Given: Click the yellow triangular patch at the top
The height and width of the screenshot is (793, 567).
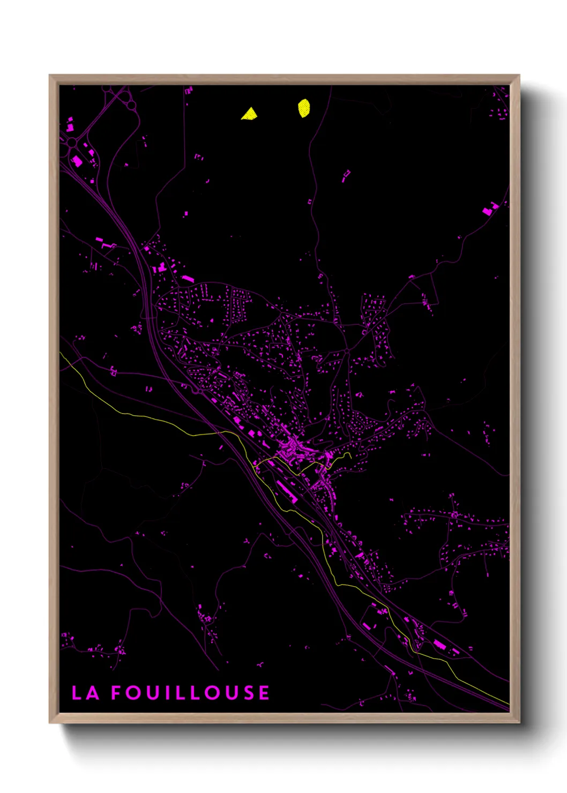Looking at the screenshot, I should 249,114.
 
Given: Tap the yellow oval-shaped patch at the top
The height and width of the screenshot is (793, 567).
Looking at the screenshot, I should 304,108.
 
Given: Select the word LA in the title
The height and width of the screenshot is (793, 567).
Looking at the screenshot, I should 86,693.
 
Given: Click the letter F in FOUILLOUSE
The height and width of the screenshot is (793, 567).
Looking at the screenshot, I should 117,693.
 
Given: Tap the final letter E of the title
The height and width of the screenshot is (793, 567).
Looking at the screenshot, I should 264,693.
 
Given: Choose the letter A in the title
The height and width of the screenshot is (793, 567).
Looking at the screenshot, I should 93,693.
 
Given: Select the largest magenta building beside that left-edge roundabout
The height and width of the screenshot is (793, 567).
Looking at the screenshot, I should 77,160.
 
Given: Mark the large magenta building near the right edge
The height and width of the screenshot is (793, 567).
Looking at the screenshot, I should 490,208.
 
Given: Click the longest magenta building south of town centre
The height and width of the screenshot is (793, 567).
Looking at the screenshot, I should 286,491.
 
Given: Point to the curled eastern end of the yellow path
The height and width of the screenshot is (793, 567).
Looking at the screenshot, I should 348,455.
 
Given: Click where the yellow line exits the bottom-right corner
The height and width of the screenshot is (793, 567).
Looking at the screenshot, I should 506,703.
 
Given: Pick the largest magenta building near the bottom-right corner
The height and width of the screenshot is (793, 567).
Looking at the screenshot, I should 439,644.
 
